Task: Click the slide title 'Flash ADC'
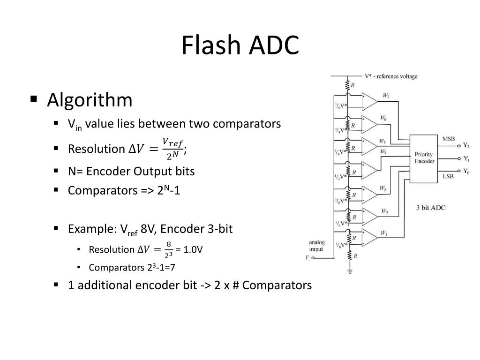(240, 46)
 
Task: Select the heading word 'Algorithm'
(90, 100)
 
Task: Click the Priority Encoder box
(423, 157)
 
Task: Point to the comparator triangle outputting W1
(370, 237)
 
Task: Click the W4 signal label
(383, 151)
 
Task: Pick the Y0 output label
(466, 172)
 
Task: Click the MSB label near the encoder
(448, 139)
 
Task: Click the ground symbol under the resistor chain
(349, 271)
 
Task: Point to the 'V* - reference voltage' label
(390, 76)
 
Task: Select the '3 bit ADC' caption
(430, 207)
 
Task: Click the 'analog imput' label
(316, 246)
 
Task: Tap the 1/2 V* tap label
(341, 176)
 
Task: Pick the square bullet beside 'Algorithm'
(33, 99)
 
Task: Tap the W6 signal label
(383, 118)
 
